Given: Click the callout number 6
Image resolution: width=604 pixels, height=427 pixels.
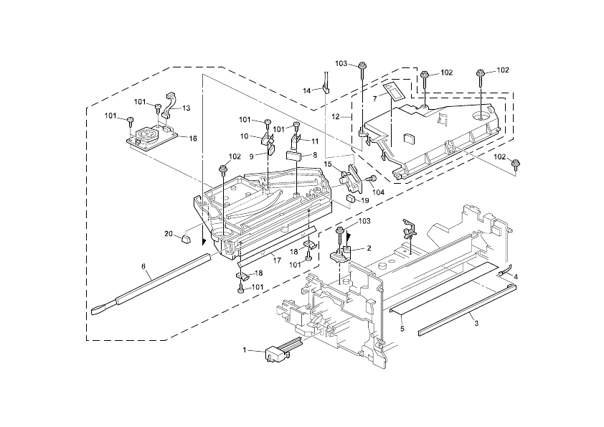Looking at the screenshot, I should (x=143, y=266).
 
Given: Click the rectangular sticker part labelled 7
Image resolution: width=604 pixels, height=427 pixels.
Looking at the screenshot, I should (x=394, y=89).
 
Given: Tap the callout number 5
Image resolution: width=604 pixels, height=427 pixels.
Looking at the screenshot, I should (x=402, y=329).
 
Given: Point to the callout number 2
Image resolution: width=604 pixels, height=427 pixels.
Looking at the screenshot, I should (x=369, y=248).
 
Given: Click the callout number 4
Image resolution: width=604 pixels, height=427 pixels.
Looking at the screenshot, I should (x=515, y=276).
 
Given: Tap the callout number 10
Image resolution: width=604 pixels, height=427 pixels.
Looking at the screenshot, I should (x=245, y=136).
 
